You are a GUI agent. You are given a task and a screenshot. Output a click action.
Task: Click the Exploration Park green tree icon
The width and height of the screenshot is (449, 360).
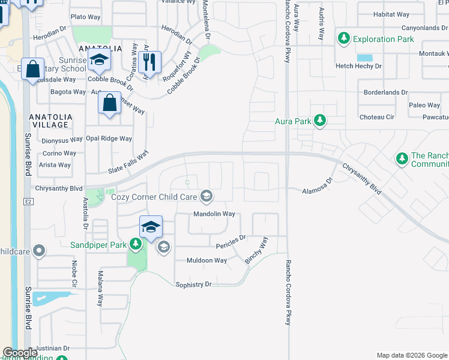(343, 39)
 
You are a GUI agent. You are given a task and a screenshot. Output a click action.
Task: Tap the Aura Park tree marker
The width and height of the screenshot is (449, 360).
(320, 121)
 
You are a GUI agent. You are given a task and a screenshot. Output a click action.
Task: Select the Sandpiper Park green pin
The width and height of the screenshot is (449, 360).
(136, 244)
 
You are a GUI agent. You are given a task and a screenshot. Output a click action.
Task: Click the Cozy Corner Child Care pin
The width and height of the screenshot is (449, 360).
(206, 196)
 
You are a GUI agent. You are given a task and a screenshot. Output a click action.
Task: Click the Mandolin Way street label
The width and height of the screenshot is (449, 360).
(214, 214)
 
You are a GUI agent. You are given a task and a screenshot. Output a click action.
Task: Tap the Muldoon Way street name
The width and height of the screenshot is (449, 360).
(206, 260)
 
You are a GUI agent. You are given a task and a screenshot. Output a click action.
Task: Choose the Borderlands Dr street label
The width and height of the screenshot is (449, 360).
(385, 93)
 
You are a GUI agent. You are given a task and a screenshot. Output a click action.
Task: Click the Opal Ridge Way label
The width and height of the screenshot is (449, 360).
(109, 139)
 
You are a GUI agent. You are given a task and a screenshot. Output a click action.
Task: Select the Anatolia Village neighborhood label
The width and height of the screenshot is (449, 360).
(50, 121)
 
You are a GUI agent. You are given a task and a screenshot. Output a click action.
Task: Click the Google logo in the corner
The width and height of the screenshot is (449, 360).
(20, 353)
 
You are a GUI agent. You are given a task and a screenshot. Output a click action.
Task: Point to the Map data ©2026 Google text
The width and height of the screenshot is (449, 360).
(411, 355)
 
